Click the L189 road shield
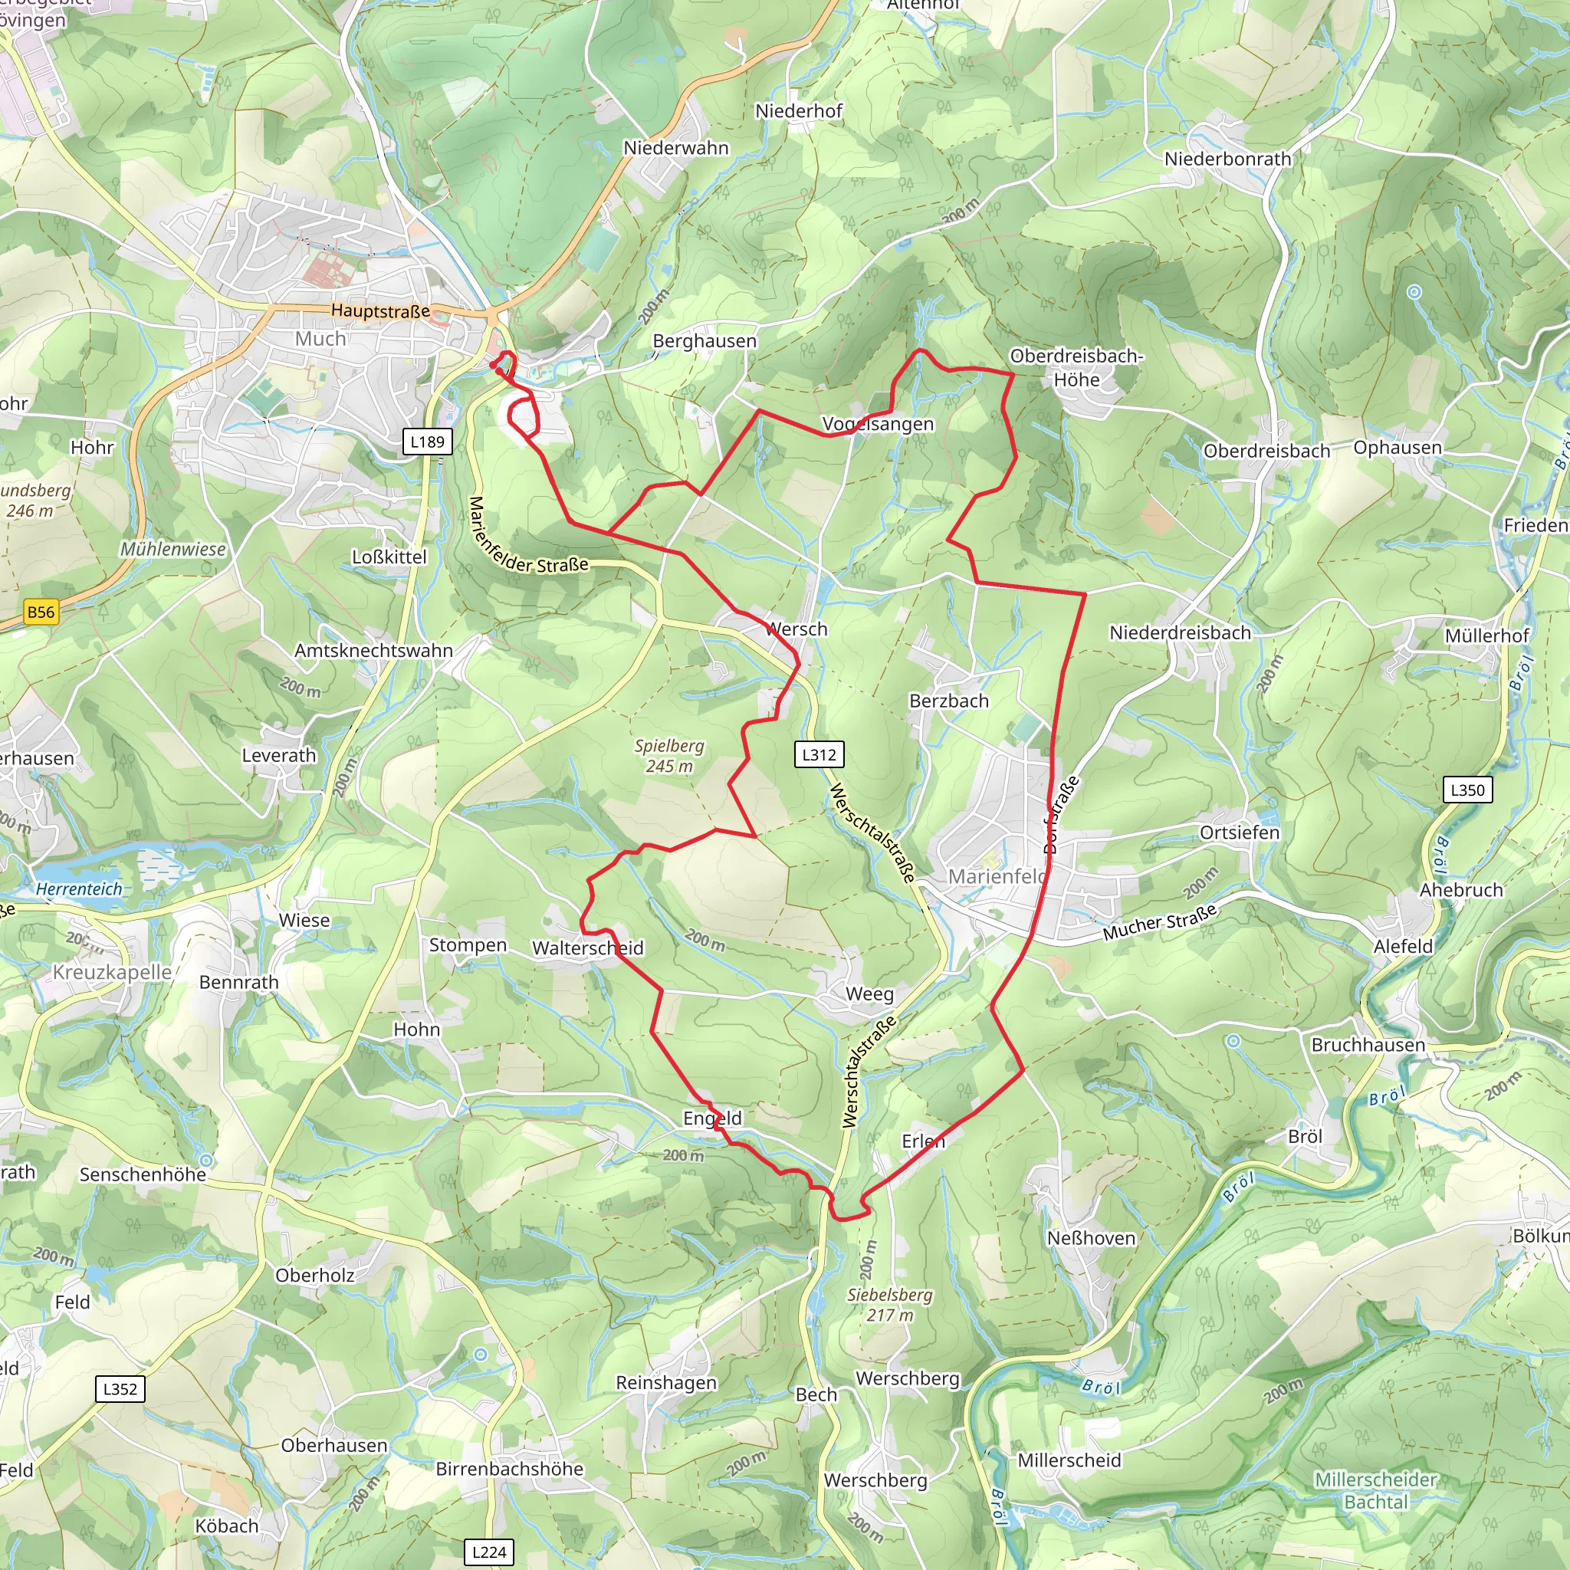pos(427,442)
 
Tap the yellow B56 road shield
pos(41,612)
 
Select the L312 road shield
pos(818,754)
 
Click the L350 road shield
pos(1467,789)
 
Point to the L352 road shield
pos(120,1388)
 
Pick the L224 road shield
pos(488,1552)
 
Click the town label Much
pos(320,339)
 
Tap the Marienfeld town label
pos(997,876)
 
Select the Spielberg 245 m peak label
pos(668,756)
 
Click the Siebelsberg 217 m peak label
pos(890,1304)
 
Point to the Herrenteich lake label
pos(79,889)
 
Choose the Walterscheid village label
pos(587,948)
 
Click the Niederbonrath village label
pos(1227,159)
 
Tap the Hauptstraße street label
pos(380,311)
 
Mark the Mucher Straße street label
pos(1160,922)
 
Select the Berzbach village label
pos(948,701)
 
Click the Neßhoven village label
pos(1091,1237)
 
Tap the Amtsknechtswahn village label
pos(373,650)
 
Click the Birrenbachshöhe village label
pos(510,1468)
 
